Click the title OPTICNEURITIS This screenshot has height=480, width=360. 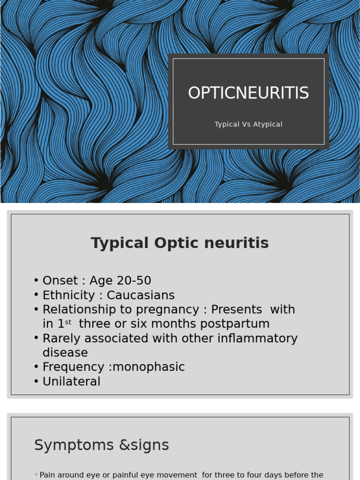pyautogui.click(x=248, y=93)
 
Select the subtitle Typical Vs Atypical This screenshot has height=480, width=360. pyautogui.click(x=248, y=124)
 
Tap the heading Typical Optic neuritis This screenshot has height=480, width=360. pyautogui.click(x=180, y=243)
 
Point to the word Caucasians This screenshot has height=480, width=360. pyautogui.click(x=141, y=295)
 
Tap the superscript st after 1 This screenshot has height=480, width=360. pyautogui.click(x=68, y=322)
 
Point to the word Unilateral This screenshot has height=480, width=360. pyautogui.click(x=71, y=382)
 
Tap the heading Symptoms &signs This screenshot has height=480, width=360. pyautogui.click(x=102, y=445)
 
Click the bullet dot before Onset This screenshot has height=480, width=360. pyautogui.click(x=36, y=281)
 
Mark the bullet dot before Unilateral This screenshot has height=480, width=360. pyautogui.click(x=36, y=382)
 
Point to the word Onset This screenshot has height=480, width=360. pyautogui.click(x=60, y=281)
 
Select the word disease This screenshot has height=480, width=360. pyautogui.click(x=65, y=352)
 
